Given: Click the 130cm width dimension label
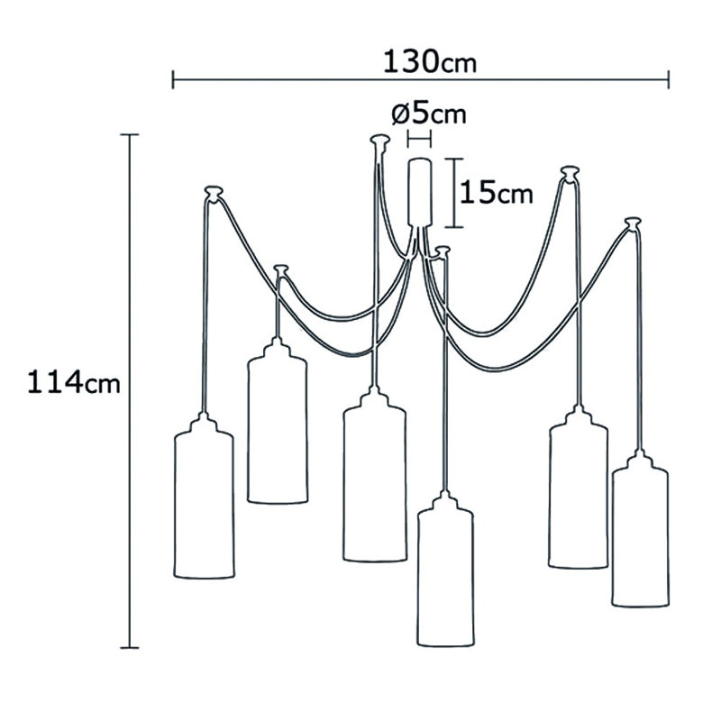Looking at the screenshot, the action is (430, 62).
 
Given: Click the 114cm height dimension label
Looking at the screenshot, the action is (74, 382).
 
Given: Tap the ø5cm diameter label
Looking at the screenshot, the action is (429, 114).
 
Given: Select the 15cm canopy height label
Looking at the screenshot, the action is (497, 192).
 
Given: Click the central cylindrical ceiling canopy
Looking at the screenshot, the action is (419, 192).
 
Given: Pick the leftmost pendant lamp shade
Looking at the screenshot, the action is (204, 496).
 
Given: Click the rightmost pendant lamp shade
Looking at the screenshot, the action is (640, 529).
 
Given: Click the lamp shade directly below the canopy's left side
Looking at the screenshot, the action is (374, 475).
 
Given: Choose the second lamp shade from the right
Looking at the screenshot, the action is (578, 487).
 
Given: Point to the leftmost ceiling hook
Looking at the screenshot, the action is (214, 192).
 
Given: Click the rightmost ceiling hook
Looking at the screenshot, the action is (633, 223).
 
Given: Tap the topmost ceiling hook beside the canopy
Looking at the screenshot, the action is (379, 141).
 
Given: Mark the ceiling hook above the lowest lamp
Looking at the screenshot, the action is (443, 251).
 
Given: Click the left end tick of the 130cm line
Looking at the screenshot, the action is (173, 79).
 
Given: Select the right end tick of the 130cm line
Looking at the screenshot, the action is (668, 79).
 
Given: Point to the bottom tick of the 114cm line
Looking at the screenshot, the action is (129, 648).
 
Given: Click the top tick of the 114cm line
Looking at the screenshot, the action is (129, 134).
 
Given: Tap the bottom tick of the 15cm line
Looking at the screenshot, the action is (454, 227).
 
